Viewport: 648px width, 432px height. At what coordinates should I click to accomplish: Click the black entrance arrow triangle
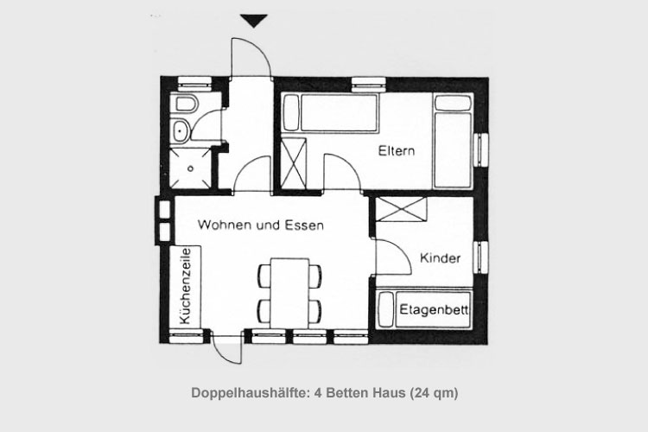coord(254,21)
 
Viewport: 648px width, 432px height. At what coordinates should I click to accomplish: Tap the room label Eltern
coord(397,151)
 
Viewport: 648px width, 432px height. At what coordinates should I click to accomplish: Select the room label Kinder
coord(440,258)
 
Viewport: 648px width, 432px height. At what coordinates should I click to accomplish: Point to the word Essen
coord(305,226)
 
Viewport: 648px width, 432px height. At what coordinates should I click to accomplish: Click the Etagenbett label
coord(434,309)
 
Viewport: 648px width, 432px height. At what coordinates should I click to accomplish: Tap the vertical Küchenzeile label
coord(186,286)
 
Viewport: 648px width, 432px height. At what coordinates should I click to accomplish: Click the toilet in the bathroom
coord(186,105)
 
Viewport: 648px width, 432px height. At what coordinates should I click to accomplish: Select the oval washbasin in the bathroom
coord(181,130)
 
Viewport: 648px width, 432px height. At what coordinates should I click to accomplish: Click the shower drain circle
coord(191,168)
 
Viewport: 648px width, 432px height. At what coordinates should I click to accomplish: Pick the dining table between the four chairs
coord(289,294)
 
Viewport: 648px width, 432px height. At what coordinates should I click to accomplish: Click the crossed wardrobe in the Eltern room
coord(294,163)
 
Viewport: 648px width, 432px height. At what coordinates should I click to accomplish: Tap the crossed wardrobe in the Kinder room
coord(401,210)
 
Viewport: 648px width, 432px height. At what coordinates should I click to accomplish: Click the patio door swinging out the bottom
coord(223,353)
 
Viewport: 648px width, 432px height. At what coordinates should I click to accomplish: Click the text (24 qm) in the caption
coord(434,393)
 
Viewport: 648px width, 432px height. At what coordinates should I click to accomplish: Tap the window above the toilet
coord(194,83)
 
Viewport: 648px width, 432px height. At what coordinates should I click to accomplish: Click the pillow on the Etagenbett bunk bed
coord(386,309)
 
